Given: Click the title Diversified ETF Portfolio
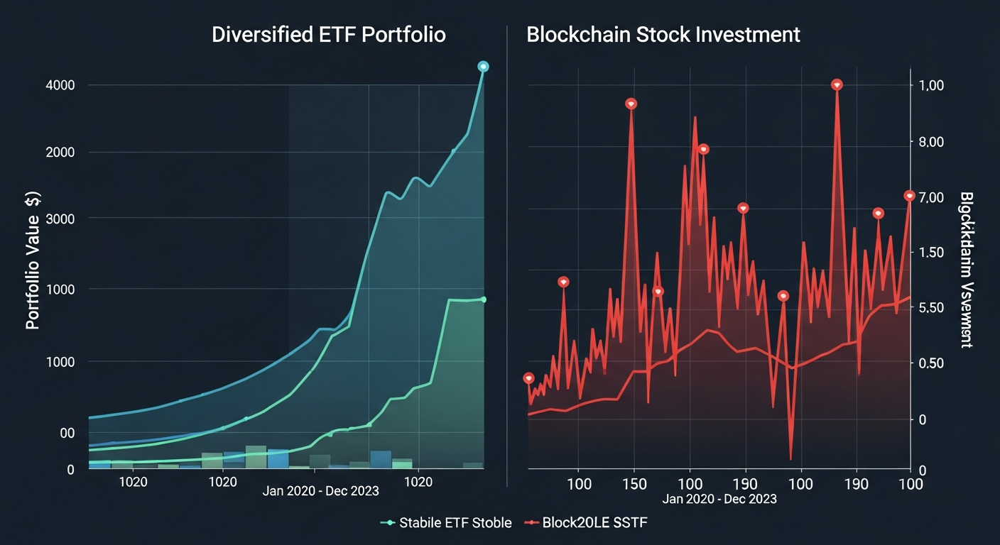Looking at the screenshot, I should coord(328,35).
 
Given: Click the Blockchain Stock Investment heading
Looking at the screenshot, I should coord(663,35).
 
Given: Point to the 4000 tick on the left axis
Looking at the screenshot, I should coord(61,85).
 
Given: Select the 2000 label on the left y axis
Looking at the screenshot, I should coord(61,153).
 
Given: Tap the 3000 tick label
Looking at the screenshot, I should coord(61,219).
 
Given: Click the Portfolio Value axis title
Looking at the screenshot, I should coord(33,260).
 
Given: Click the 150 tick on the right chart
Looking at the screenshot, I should coord(634,484).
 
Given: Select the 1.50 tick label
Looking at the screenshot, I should coord(930,253).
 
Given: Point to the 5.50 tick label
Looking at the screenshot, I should coord(930,307).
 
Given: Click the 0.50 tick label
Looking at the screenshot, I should coord(930,363).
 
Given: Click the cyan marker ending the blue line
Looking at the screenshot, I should coord(483,66).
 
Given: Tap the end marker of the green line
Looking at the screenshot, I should coord(484,299).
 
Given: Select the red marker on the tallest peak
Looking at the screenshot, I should coord(837,84).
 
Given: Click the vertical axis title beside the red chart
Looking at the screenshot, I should coord(966,270).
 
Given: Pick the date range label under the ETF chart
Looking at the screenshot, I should coord(320,491).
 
